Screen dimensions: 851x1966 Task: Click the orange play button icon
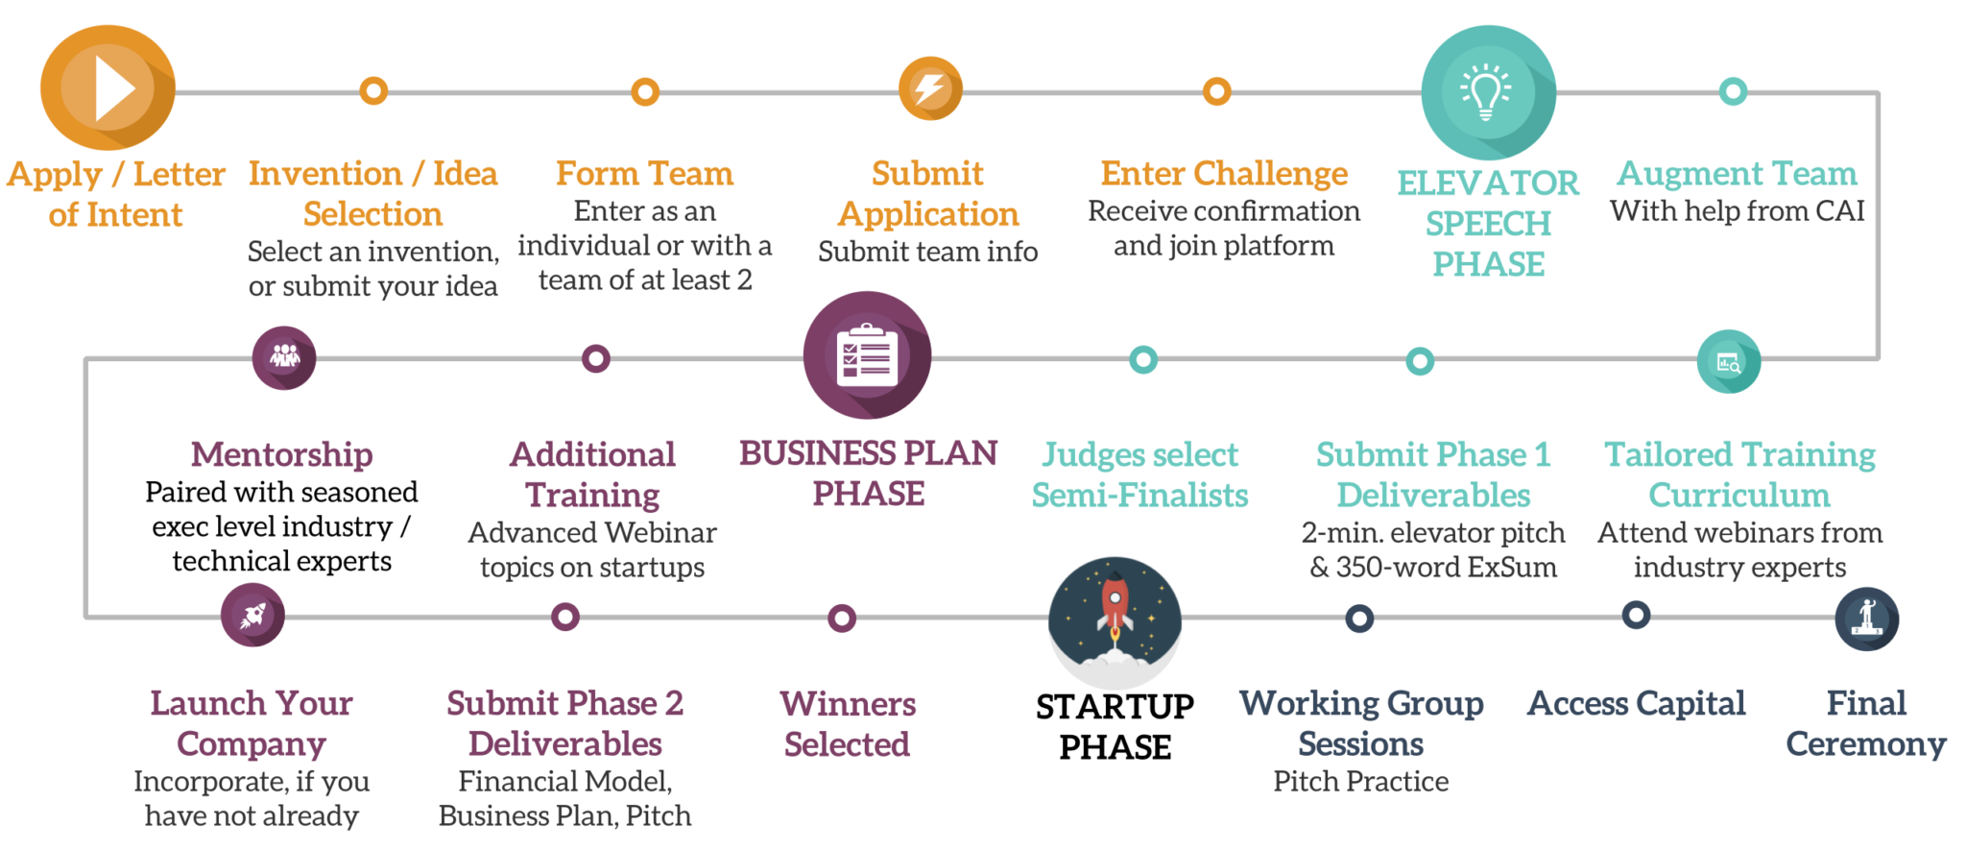click(x=108, y=88)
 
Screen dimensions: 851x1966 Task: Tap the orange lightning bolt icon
click(x=930, y=88)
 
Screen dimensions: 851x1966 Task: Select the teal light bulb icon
click(x=1487, y=92)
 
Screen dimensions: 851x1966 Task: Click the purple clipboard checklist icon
click(x=867, y=355)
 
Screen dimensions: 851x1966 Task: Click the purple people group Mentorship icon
click(x=284, y=357)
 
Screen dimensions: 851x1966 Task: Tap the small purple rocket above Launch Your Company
click(x=252, y=616)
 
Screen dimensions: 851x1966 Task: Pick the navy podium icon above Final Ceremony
click(x=1866, y=619)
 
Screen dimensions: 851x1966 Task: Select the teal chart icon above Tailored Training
click(x=1728, y=362)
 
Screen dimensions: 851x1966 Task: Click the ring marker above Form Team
click(x=645, y=92)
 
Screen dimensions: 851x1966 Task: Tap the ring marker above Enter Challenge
click(x=1216, y=92)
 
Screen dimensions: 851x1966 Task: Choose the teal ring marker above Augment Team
click(x=1733, y=92)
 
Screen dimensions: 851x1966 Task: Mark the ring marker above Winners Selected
click(x=842, y=618)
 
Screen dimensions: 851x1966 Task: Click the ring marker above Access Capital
click(x=1636, y=615)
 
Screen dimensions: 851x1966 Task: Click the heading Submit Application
click(x=927, y=194)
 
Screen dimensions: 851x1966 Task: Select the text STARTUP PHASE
click(x=1115, y=726)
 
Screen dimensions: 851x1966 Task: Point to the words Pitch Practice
click(x=1360, y=781)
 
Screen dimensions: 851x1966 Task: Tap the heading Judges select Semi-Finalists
click(x=1139, y=474)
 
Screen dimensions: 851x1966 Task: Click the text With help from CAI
click(x=1737, y=211)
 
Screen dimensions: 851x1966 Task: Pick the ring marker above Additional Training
click(x=596, y=359)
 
